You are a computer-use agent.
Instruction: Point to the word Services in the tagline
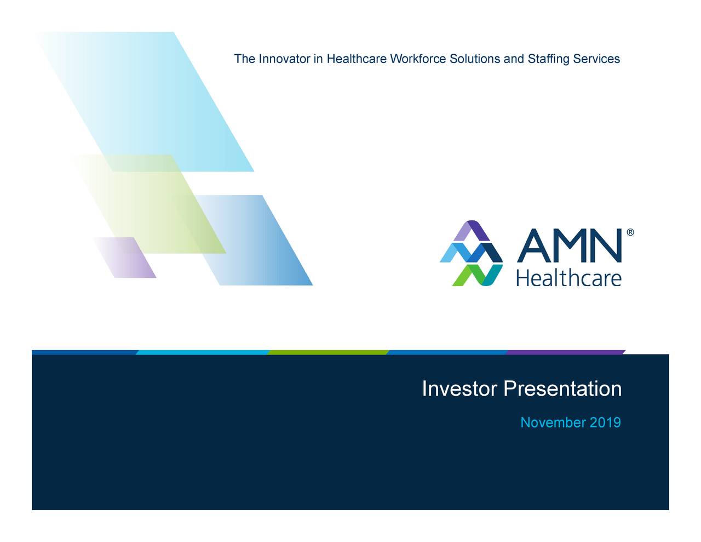[x=596, y=59]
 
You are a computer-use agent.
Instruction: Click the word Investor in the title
[x=459, y=389]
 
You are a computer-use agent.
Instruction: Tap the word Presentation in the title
[x=562, y=389]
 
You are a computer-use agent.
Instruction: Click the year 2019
[x=606, y=423]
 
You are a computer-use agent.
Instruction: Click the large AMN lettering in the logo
[x=570, y=246]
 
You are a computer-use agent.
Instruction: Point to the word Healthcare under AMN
[x=569, y=277]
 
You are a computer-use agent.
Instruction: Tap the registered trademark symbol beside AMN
[x=630, y=233]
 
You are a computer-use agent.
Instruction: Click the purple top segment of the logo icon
[x=472, y=230]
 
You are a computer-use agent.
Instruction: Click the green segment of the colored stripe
[x=329, y=352]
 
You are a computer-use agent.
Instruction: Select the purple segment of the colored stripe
[x=564, y=352]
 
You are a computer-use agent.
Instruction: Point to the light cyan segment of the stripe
[x=203, y=352]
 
